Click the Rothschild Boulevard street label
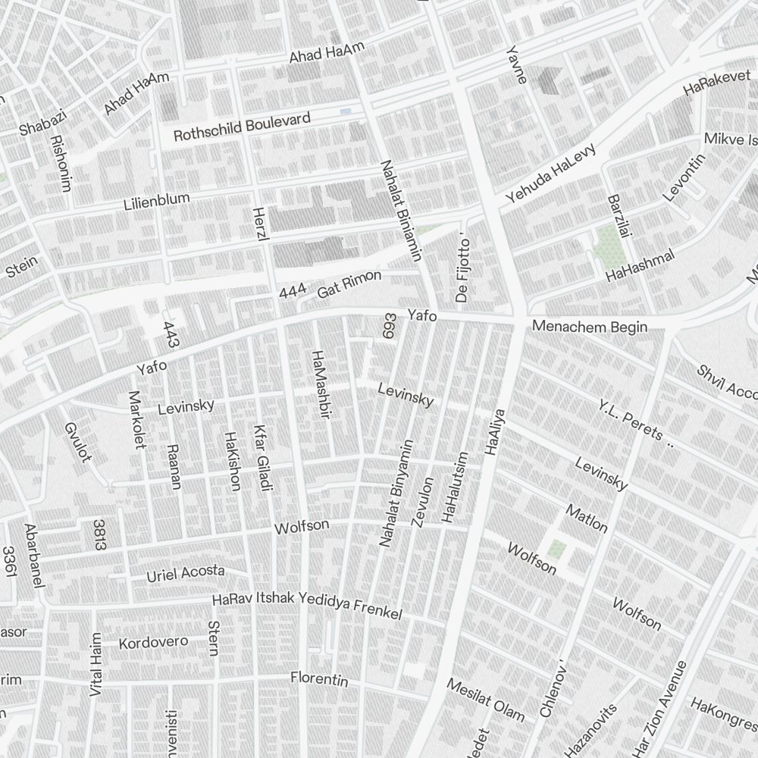242,127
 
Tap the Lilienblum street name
157,202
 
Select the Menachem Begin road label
590,327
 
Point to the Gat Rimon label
349,284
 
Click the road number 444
292,292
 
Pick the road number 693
390,327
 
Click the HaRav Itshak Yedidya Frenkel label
307,606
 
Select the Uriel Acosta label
186,574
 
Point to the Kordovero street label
154,643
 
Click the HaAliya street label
494,432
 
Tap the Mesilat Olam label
485,699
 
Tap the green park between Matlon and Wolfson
557,547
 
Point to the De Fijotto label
464,270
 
